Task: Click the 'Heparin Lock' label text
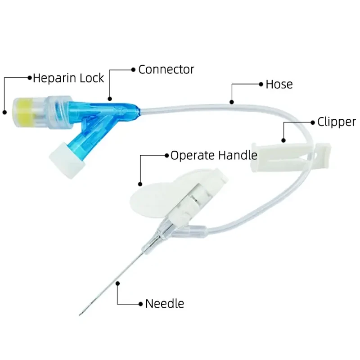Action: click(68, 78)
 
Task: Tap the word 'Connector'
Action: click(166, 69)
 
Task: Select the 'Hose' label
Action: click(279, 84)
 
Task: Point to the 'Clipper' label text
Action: click(337, 122)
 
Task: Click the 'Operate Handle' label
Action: click(214, 156)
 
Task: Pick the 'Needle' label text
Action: click(165, 304)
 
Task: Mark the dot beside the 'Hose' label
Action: click(260, 84)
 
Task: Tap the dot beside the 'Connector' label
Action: click(133, 69)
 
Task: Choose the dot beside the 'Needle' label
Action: click(140, 303)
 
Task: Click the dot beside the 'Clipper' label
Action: click(312, 122)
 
